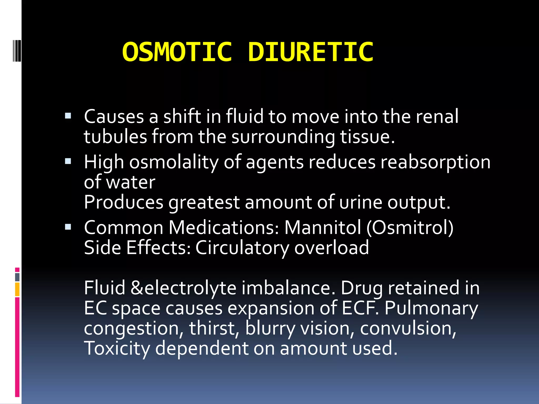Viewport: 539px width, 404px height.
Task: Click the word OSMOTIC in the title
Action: pos(177,52)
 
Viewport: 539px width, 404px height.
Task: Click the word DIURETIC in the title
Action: pos(311,52)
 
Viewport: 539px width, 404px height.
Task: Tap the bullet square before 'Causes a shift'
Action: pos(68,116)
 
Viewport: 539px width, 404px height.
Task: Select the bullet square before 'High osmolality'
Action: pos(68,161)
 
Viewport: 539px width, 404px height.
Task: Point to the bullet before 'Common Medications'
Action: pos(68,227)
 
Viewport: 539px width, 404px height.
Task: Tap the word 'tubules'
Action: pos(115,137)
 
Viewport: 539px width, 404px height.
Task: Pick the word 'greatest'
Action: pos(204,203)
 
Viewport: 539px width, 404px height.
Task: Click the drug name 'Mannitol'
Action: pos(323,227)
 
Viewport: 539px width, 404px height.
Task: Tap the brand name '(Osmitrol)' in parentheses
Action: pos(410,227)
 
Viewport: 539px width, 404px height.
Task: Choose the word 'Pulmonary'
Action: pos(431,308)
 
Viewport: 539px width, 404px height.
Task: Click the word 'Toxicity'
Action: pos(117,348)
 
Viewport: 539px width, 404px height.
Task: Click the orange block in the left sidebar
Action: pos(17,289)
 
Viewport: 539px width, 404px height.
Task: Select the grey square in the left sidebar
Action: pos(17,277)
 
